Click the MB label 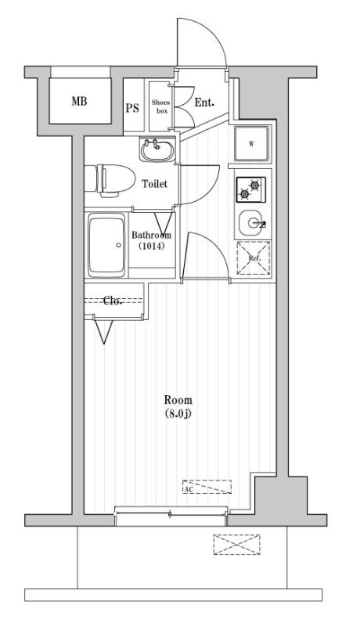tap(80, 102)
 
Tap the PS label tap(133, 107)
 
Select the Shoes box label tap(160, 106)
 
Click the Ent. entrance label tap(204, 103)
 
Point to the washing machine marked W tap(252, 144)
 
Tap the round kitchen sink tap(252, 224)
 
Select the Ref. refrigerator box tap(254, 257)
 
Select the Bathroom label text tap(150, 235)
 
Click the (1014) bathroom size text tap(150, 246)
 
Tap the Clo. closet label tap(113, 300)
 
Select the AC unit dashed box tap(207, 487)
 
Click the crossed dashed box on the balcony tap(236, 545)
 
